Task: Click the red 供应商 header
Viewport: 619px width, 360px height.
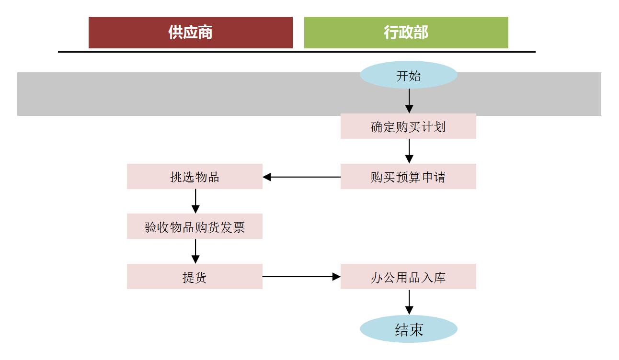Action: pyautogui.click(x=190, y=33)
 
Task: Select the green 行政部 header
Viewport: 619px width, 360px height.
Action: pyautogui.click(x=406, y=33)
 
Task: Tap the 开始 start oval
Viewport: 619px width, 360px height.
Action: pyautogui.click(x=408, y=75)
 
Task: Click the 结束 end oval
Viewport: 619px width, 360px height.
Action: pyautogui.click(x=408, y=329)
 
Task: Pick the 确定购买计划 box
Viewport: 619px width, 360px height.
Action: pyautogui.click(x=408, y=126)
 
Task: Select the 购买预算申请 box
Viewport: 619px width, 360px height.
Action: pyautogui.click(x=408, y=177)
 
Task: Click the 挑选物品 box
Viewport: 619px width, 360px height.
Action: pyautogui.click(x=195, y=177)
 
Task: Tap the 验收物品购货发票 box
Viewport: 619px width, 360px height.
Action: pyautogui.click(x=195, y=226)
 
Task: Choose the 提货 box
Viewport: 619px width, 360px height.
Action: pyautogui.click(x=195, y=277)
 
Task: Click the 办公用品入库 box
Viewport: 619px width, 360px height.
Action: pyautogui.click(x=408, y=277)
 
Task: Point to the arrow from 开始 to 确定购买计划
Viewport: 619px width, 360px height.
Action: pyautogui.click(x=409, y=101)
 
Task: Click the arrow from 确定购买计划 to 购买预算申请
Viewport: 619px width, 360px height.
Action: pyautogui.click(x=409, y=151)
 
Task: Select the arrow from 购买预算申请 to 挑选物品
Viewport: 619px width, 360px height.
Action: pyautogui.click(x=302, y=177)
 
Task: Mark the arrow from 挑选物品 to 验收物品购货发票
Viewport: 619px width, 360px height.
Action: pyautogui.click(x=195, y=201)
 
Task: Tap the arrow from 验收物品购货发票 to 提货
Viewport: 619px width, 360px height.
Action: pyautogui.click(x=195, y=251)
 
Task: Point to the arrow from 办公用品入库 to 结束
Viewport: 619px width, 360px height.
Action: pyautogui.click(x=409, y=302)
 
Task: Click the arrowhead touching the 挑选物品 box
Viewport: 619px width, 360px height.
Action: pyautogui.click(x=267, y=177)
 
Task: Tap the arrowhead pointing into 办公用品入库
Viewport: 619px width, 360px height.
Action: pyautogui.click(x=336, y=277)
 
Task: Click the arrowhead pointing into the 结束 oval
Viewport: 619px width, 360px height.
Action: pyautogui.click(x=409, y=311)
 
